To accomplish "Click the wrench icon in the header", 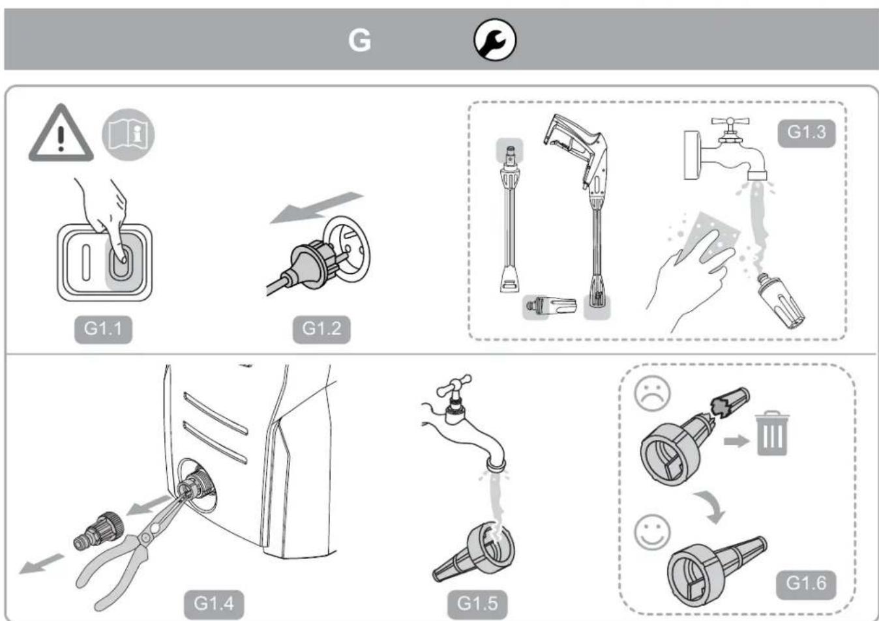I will pyautogui.click(x=494, y=40).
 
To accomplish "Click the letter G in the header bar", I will pyautogui.click(x=359, y=40).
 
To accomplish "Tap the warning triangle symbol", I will pyautogui.click(x=61, y=134).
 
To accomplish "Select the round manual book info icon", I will pyautogui.click(x=128, y=134).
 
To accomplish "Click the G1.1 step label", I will pyautogui.click(x=103, y=328).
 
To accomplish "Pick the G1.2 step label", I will pyautogui.click(x=321, y=328).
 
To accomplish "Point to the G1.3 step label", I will pyautogui.click(x=806, y=132).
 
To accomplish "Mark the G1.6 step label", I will pyautogui.click(x=806, y=583).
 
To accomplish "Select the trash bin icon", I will pyautogui.click(x=772, y=433).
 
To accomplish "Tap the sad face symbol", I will pyautogui.click(x=652, y=394).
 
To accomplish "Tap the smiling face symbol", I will pyautogui.click(x=652, y=532).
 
